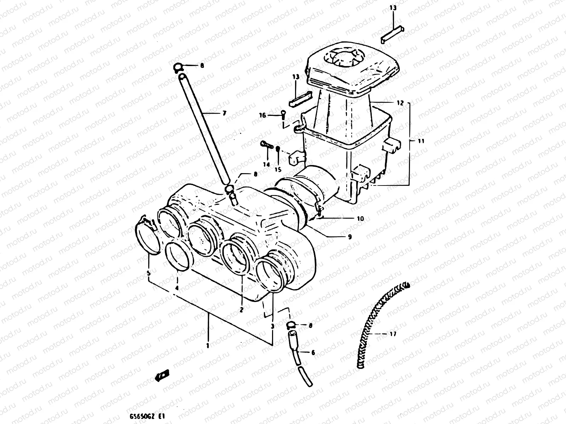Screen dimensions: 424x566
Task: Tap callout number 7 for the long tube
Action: click(224, 113)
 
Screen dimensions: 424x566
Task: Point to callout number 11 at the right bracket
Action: click(421, 141)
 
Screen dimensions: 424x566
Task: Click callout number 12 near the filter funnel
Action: click(400, 103)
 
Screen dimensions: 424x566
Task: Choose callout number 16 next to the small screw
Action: click(262, 115)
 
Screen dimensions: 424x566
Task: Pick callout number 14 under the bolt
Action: click(266, 164)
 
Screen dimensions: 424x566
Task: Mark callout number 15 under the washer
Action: click(278, 169)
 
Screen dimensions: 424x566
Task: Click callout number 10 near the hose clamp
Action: click(360, 219)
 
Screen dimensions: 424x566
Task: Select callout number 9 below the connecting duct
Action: click(350, 237)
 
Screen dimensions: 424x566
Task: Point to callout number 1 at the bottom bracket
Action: click(208, 346)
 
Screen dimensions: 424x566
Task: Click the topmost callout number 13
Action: click(394, 8)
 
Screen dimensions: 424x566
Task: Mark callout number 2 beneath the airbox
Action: click(241, 310)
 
